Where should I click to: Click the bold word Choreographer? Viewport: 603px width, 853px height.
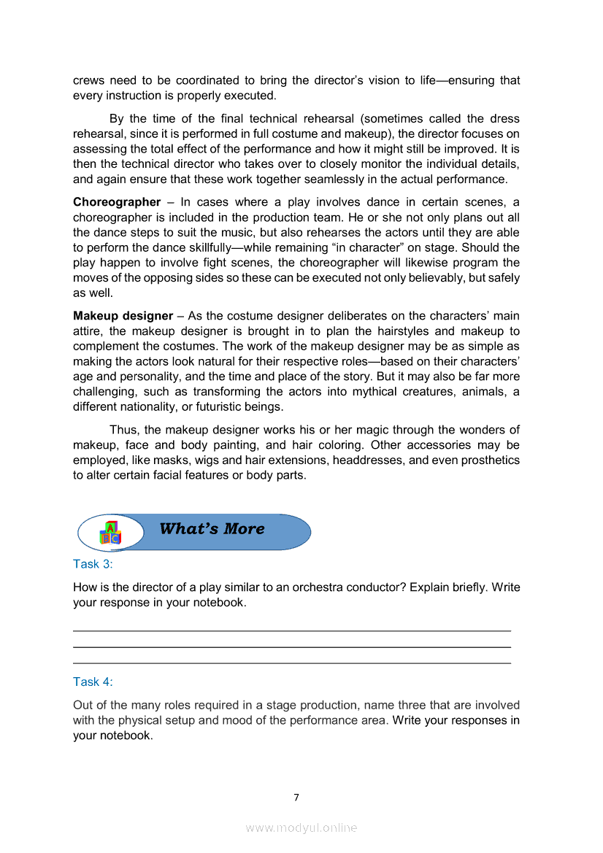117,201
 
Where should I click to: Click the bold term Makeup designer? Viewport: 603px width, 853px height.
123,316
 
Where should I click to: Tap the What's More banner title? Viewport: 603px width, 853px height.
212,529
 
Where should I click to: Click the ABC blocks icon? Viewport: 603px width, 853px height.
110,533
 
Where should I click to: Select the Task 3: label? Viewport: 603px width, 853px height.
93,564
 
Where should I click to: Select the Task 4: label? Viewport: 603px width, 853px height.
93,682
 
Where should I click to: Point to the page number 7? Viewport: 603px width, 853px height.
296,798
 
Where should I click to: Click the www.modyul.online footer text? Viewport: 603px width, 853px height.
301,827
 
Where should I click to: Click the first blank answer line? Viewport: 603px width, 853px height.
292,630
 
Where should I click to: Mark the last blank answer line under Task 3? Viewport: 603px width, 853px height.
292,663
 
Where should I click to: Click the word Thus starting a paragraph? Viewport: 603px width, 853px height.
124,430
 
